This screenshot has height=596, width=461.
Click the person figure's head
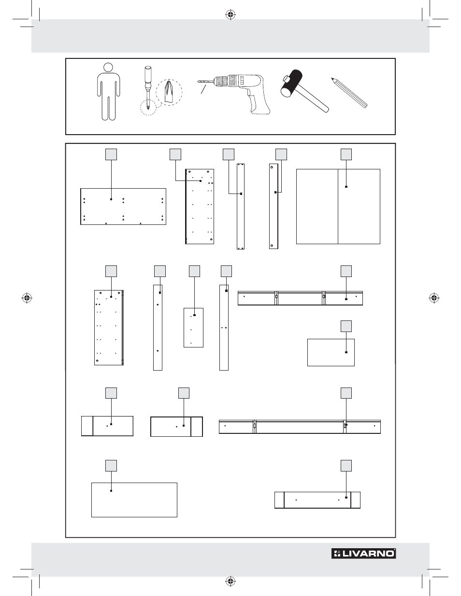point(108,67)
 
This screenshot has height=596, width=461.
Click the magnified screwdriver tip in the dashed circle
point(169,93)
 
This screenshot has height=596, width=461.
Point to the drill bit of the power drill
point(205,82)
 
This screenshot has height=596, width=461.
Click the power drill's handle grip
point(259,102)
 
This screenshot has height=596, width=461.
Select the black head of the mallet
point(291,83)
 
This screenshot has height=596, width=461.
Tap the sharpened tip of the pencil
point(333,79)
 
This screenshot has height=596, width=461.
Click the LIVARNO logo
point(363,554)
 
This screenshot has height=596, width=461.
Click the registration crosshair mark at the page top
point(230,14)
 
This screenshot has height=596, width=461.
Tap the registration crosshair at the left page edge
point(27,298)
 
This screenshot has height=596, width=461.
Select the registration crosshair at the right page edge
point(434,298)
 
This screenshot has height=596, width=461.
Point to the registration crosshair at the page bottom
point(230,581)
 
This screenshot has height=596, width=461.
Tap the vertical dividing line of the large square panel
point(338,207)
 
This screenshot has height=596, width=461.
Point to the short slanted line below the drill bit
point(203,89)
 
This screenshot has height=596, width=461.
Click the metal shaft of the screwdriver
point(148,97)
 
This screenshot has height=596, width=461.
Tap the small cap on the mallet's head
point(286,80)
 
